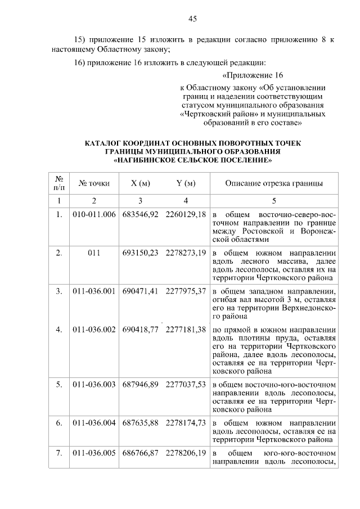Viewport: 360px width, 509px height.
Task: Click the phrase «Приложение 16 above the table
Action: [253, 75]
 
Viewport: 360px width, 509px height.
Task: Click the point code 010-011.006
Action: [94, 214]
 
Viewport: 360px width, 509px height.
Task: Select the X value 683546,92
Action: [140, 214]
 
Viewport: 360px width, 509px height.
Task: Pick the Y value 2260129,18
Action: [186, 214]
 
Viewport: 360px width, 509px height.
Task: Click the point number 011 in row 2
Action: [94, 253]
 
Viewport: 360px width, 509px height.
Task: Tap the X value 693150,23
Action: [140, 253]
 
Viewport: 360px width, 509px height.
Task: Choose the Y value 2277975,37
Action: [186, 291]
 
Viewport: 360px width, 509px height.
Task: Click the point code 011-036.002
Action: [94, 329]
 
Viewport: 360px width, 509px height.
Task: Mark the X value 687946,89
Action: [140, 384]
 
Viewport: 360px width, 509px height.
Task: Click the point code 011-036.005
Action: [94, 453]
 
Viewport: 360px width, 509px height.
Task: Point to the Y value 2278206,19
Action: [186, 453]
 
